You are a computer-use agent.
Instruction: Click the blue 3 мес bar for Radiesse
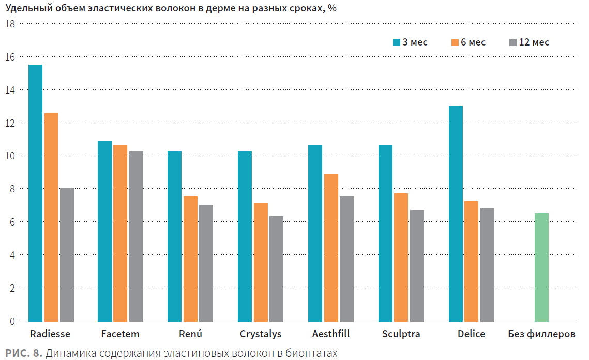click(35, 193)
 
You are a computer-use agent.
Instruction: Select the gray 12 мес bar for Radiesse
click(67, 255)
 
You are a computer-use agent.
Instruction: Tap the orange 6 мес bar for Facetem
click(120, 233)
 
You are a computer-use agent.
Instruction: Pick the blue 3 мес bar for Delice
click(456, 214)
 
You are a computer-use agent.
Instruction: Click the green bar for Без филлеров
click(541, 267)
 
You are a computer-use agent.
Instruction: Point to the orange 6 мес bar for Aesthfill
click(331, 247)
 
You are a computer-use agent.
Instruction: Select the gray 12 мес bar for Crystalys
click(277, 268)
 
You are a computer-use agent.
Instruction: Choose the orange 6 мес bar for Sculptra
click(401, 258)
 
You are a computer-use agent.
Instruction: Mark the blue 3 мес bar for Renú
click(175, 236)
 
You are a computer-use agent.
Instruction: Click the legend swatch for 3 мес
click(396, 42)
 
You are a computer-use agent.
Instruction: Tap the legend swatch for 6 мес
click(455, 42)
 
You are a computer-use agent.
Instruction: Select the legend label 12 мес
click(534, 42)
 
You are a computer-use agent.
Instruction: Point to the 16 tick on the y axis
click(10, 57)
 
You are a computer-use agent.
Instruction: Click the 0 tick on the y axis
click(12, 321)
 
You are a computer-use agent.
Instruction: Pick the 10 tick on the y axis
click(10, 156)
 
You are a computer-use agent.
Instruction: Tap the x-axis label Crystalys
click(261, 334)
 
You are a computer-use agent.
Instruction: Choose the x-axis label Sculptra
click(401, 334)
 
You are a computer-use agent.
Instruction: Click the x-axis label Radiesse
click(50, 334)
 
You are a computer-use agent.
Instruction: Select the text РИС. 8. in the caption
click(24, 353)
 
